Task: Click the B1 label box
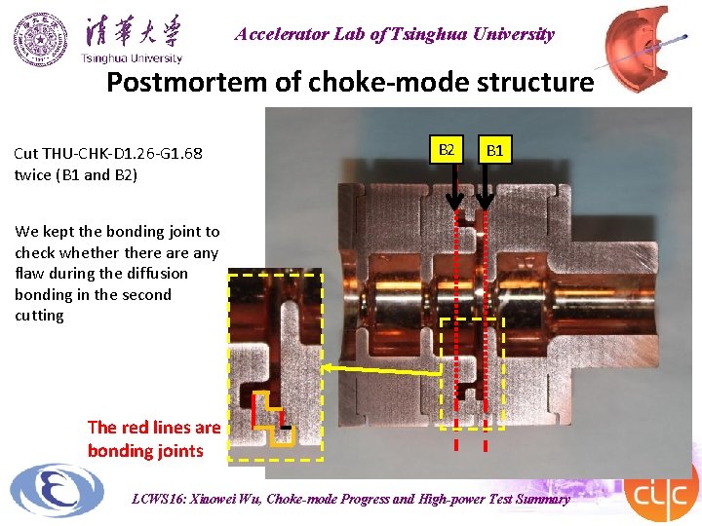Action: click(x=495, y=150)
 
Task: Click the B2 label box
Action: click(x=447, y=150)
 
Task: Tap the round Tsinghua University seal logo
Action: click(x=41, y=39)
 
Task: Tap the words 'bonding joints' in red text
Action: click(x=145, y=450)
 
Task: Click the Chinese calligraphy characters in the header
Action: click(x=133, y=31)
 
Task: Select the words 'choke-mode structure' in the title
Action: click(x=451, y=83)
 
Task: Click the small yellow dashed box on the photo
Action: click(x=472, y=372)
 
